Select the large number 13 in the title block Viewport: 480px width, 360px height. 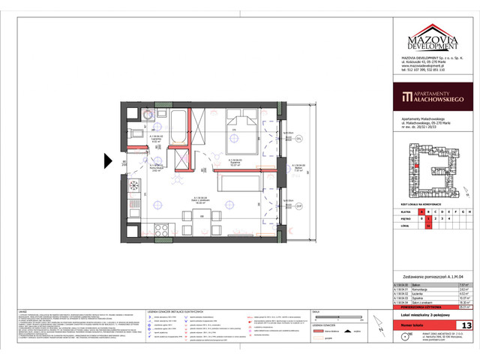point(467,325)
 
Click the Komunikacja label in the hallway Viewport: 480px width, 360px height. point(158,166)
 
